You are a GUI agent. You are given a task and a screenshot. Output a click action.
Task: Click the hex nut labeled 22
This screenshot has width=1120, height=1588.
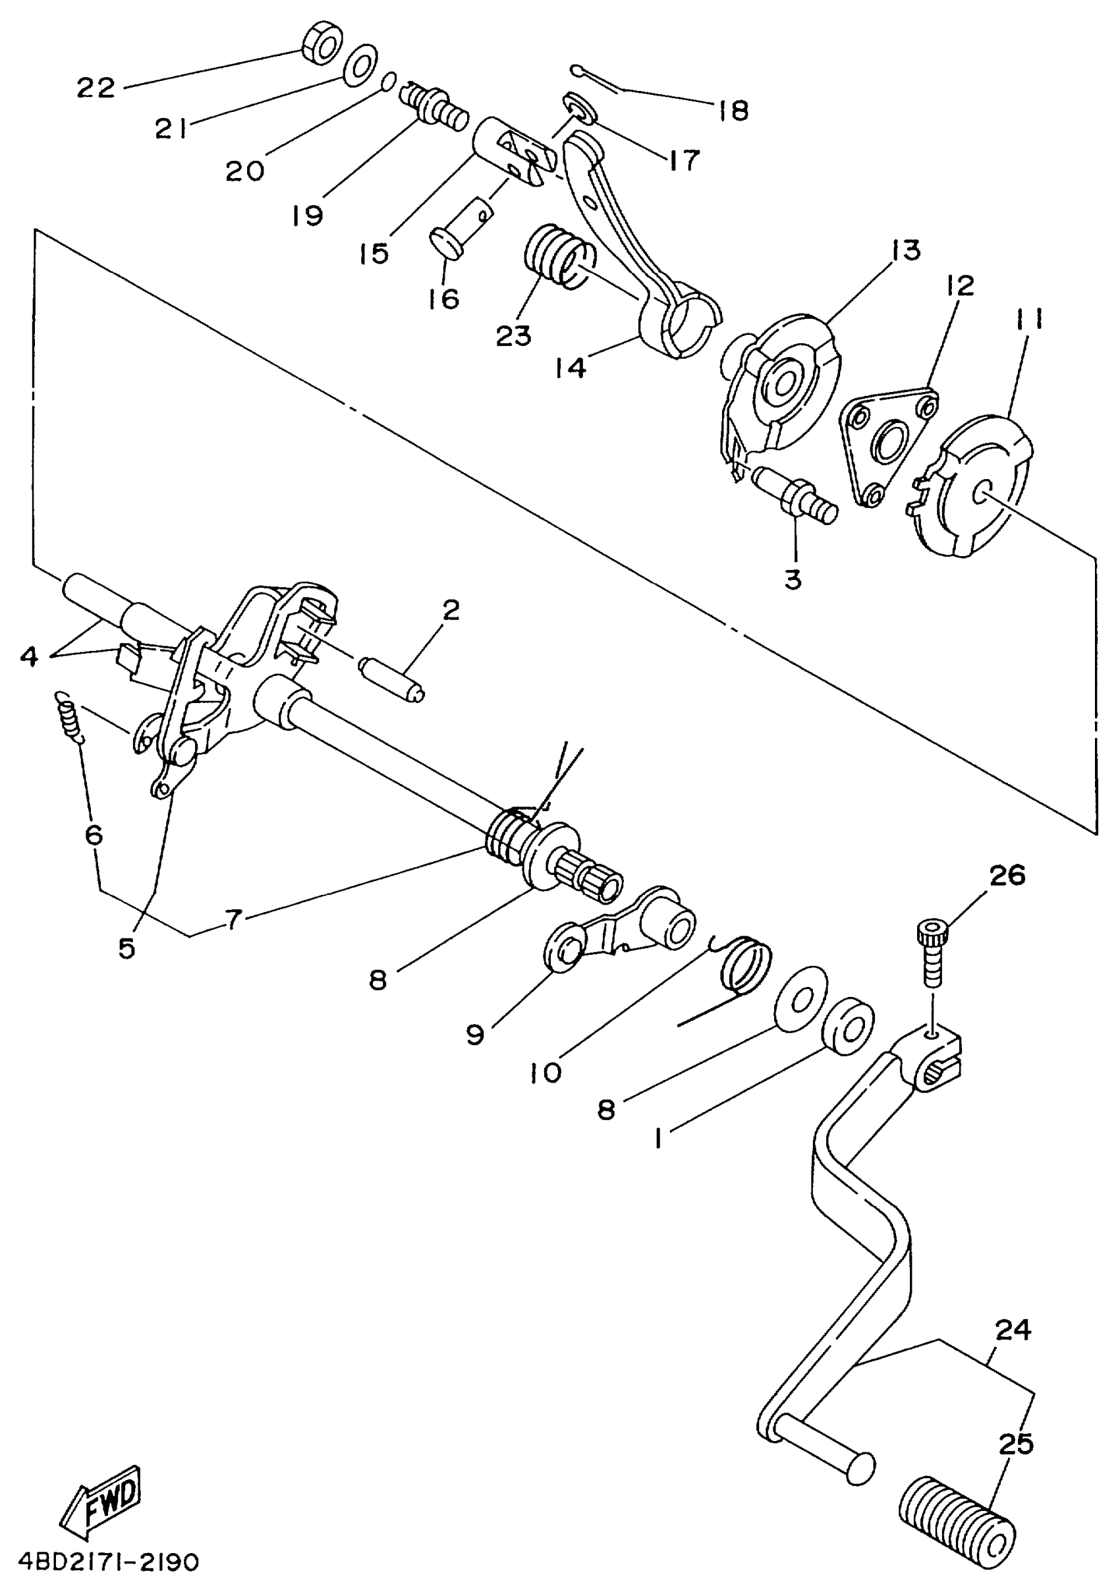tap(322, 45)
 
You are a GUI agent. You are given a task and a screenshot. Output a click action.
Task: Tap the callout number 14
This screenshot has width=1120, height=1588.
tap(571, 367)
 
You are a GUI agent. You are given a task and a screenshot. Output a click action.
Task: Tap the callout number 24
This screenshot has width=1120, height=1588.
tap(1013, 1330)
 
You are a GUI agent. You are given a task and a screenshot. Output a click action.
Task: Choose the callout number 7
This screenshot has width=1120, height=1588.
tap(234, 919)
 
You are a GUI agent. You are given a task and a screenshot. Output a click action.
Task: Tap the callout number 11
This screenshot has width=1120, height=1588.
tap(1030, 320)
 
